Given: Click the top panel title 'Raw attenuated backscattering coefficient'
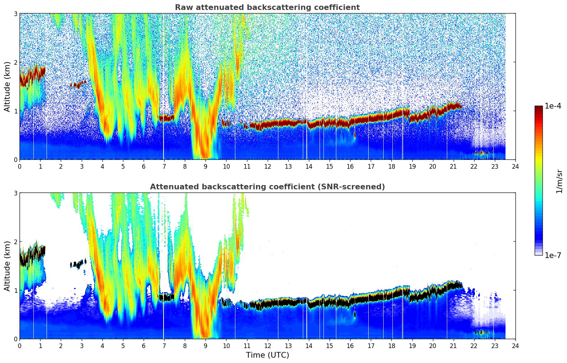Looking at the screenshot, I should pyautogui.click(x=267, y=7).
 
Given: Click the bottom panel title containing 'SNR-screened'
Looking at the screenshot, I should pyautogui.click(x=267, y=187).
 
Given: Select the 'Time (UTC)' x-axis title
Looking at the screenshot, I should pyautogui.click(x=267, y=355).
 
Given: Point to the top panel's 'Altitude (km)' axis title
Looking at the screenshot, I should pyautogui.click(x=7, y=86).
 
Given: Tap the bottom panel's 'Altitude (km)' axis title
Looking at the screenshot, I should pyautogui.click(x=7, y=266).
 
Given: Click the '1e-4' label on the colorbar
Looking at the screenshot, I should pyautogui.click(x=553, y=106).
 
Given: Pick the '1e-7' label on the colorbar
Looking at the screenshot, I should pyautogui.click(x=553, y=255).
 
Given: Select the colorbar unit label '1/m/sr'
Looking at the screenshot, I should pyautogui.click(x=559, y=181).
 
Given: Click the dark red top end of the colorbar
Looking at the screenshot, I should pyautogui.click(x=539, y=108).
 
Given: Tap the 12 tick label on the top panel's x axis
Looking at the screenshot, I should pyautogui.click(x=267, y=166).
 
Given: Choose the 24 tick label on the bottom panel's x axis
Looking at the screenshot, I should pyautogui.click(x=515, y=346).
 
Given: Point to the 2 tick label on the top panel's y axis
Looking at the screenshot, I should pyautogui.click(x=16, y=62).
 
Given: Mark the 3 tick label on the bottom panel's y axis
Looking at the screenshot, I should pyautogui.click(x=16, y=193).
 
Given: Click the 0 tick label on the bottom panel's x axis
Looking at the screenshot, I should pyautogui.click(x=20, y=346).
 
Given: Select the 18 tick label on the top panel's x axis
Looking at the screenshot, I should pyautogui.click(x=391, y=166).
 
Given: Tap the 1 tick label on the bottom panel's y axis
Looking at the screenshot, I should pyautogui.click(x=16, y=290).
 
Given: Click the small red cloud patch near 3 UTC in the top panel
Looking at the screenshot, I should pyautogui.click(x=79, y=84).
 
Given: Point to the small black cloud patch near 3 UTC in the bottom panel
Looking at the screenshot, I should pyautogui.click(x=79, y=264).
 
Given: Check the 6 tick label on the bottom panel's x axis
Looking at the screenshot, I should pyautogui.click(x=144, y=346).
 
